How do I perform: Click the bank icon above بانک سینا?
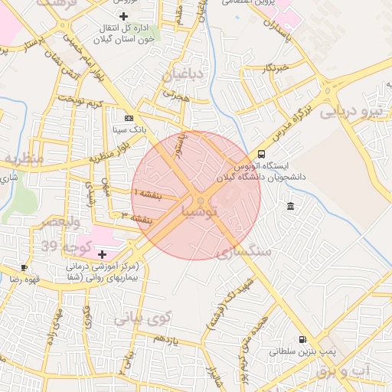pyautogui.click(x=128, y=118)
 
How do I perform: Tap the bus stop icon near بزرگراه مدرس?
pyautogui.click(x=262, y=154)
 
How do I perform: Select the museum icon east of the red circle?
pyautogui.click(x=291, y=207)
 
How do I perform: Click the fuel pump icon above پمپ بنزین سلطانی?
pyautogui.click(x=303, y=339)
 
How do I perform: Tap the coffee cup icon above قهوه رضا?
pyautogui.click(x=24, y=268)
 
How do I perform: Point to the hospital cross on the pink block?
pyautogui.click(x=103, y=253)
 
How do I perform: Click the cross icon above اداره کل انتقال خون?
pyautogui.click(x=124, y=16)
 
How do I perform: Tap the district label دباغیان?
pyautogui.click(x=182, y=74)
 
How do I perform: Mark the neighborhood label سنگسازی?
pyautogui.click(x=244, y=250)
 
